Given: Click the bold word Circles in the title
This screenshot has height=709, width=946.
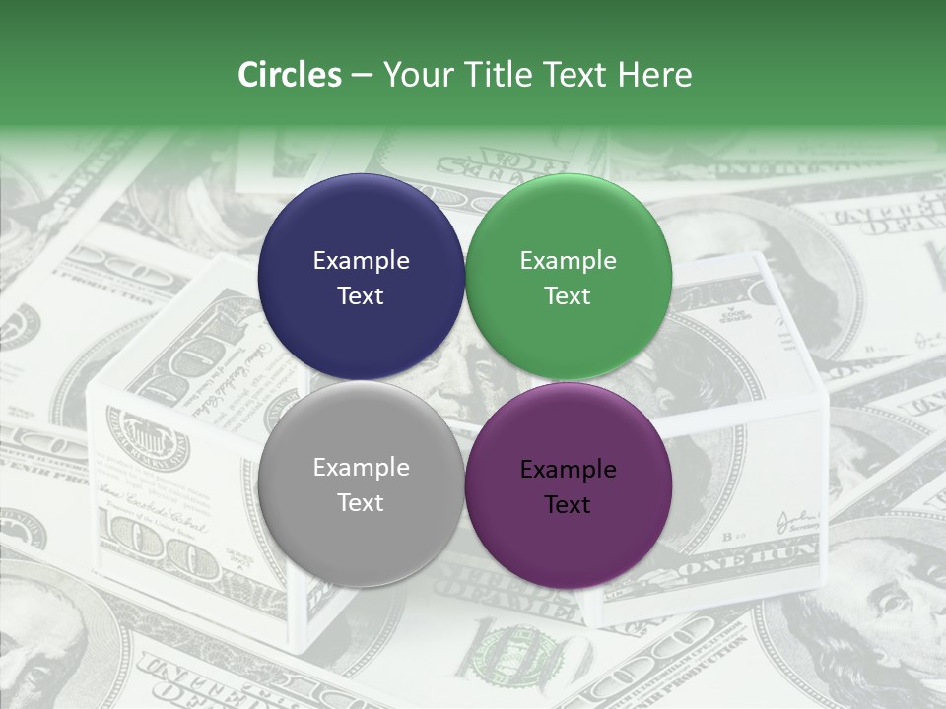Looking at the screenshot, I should (x=290, y=75).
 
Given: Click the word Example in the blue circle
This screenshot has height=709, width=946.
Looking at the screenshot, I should (x=361, y=261).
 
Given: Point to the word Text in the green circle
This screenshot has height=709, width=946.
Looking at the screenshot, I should (x=568, y=296).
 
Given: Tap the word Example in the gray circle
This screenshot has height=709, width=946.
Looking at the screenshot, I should (x=361, y=468).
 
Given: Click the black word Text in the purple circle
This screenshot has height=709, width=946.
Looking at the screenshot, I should (x=568, y=505).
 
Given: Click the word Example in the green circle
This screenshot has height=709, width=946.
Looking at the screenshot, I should (x=568, y=261).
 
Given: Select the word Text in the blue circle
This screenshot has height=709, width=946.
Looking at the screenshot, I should (x=361, y=296).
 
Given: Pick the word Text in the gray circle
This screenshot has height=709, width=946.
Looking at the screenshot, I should (x=361, y=503).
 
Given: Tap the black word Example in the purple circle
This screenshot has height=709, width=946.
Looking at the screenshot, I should (x=568, y=470).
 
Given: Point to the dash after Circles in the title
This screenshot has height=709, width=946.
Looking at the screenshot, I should (x=362, y=76).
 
